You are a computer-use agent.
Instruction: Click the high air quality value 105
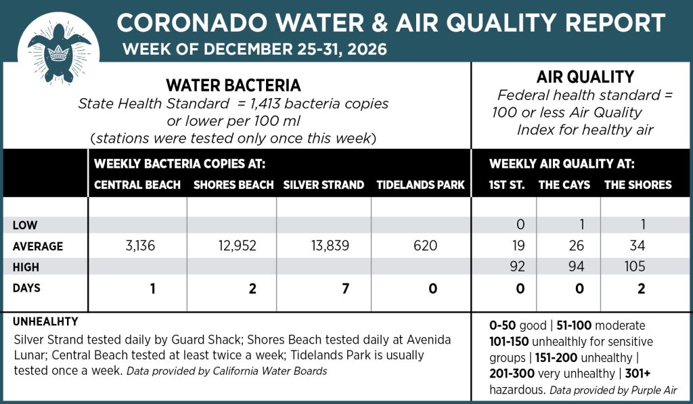(x=635, y=267)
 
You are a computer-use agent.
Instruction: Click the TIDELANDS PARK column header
(x=420, y=185)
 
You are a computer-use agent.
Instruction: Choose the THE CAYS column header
(x=564, y=185)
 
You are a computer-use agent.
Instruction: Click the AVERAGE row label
(x=38, y=246)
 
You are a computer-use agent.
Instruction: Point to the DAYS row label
(x=26, y=288)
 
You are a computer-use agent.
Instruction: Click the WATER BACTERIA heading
(x=233, y=86)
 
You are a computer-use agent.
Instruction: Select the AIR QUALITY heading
(x=585, y=77)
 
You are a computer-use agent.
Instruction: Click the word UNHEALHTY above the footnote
(x=45, y=321)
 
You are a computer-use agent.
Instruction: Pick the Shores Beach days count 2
(x=252, y=289)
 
